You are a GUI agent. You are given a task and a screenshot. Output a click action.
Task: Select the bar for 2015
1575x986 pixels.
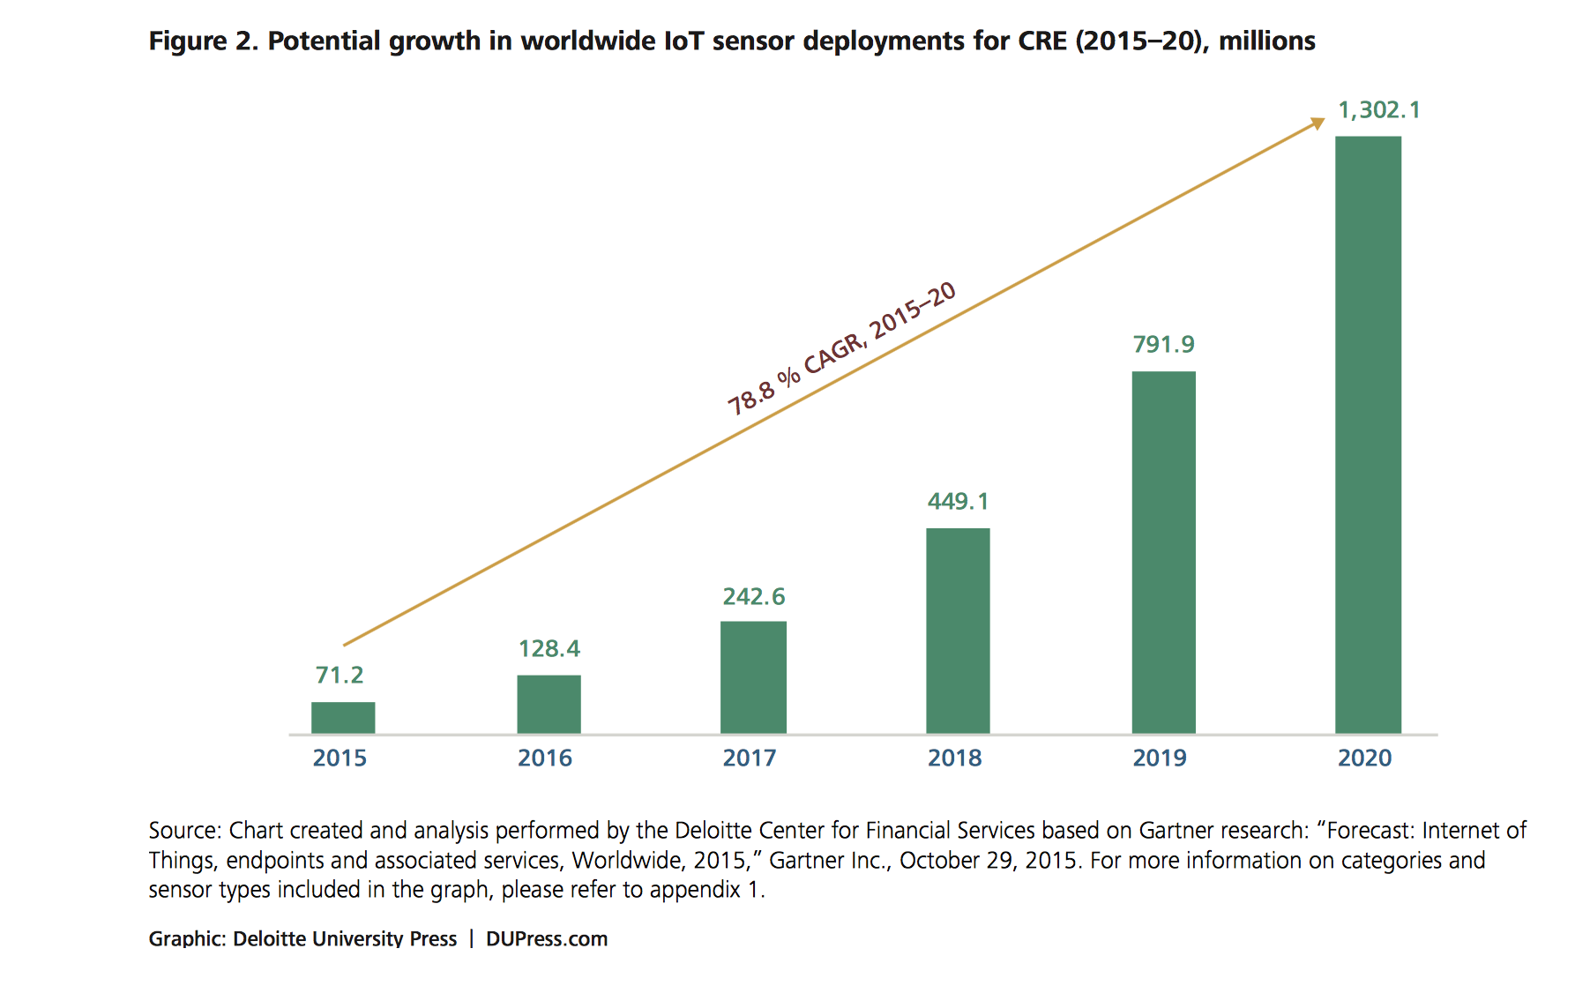coord(343,718)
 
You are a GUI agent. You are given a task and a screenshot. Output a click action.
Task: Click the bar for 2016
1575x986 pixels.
coord(549,704)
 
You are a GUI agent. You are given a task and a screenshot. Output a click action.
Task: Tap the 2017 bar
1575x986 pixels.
coord(753,677)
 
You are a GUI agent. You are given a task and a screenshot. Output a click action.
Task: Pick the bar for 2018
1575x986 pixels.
coord(958,631)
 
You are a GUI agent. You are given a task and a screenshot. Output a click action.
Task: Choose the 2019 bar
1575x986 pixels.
coord(1163,552)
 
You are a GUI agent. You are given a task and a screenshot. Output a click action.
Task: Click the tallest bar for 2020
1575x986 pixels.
coord(1368,435)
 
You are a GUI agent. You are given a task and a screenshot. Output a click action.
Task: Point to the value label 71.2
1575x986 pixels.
coord(340,676)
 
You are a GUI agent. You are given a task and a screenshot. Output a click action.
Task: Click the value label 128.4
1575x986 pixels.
coord(549,649)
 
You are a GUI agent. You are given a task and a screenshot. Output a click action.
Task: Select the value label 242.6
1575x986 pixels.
coord(753,597)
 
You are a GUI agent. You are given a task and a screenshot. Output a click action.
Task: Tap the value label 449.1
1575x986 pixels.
coord(958,502)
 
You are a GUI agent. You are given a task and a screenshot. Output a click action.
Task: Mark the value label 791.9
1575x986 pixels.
coord(1163,345)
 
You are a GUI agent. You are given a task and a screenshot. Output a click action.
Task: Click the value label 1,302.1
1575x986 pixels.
coord(1379,110)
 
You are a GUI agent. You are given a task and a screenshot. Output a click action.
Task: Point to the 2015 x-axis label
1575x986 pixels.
coord(340,758)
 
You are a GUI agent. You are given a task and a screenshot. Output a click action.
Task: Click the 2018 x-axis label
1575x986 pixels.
coord(954,758)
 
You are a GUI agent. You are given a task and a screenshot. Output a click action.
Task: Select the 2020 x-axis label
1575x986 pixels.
coord(1364,758)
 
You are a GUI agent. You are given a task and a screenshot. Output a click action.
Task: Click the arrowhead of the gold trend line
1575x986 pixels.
coord(1317,123)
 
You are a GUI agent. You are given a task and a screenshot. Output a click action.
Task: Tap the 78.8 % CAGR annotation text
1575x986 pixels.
coord(840,349)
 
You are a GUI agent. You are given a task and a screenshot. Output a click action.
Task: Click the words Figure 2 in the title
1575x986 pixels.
coord(203,41)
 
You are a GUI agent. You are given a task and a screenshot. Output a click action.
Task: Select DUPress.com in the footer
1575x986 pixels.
coord(547,939)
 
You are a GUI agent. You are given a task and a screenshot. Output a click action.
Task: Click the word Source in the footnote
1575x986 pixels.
coord(183,831)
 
